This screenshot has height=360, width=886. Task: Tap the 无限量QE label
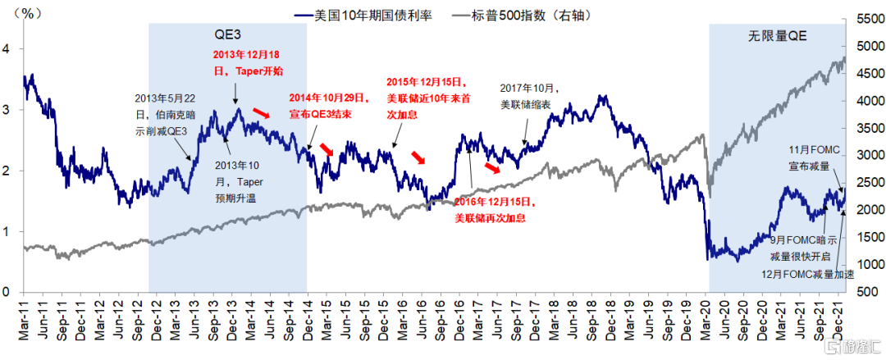point(778,37)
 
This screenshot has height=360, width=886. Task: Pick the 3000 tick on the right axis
point(868,155)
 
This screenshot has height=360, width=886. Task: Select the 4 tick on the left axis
point(7,48)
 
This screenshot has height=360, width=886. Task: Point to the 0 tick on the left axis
point(7,292)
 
